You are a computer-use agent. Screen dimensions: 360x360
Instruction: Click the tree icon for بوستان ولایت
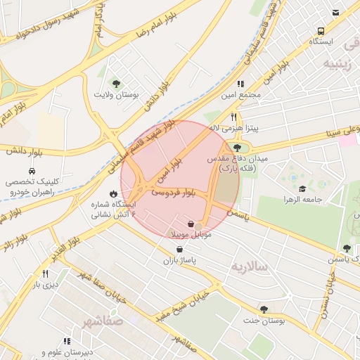tap(116, 84)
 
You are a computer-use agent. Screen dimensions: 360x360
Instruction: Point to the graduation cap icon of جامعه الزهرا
tap(302, 189)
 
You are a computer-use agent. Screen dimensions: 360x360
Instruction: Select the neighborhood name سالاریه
tap(251, 266)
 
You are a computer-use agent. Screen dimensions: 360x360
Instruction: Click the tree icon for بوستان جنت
tap(264, 309)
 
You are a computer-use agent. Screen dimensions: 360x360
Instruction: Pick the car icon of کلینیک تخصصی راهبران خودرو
tap(32, 171)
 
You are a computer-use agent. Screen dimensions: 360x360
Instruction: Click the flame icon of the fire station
tap(112, 193)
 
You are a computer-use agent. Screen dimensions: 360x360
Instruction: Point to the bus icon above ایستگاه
tap(321, 32)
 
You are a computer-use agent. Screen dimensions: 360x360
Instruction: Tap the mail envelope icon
tap(335, 12)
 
